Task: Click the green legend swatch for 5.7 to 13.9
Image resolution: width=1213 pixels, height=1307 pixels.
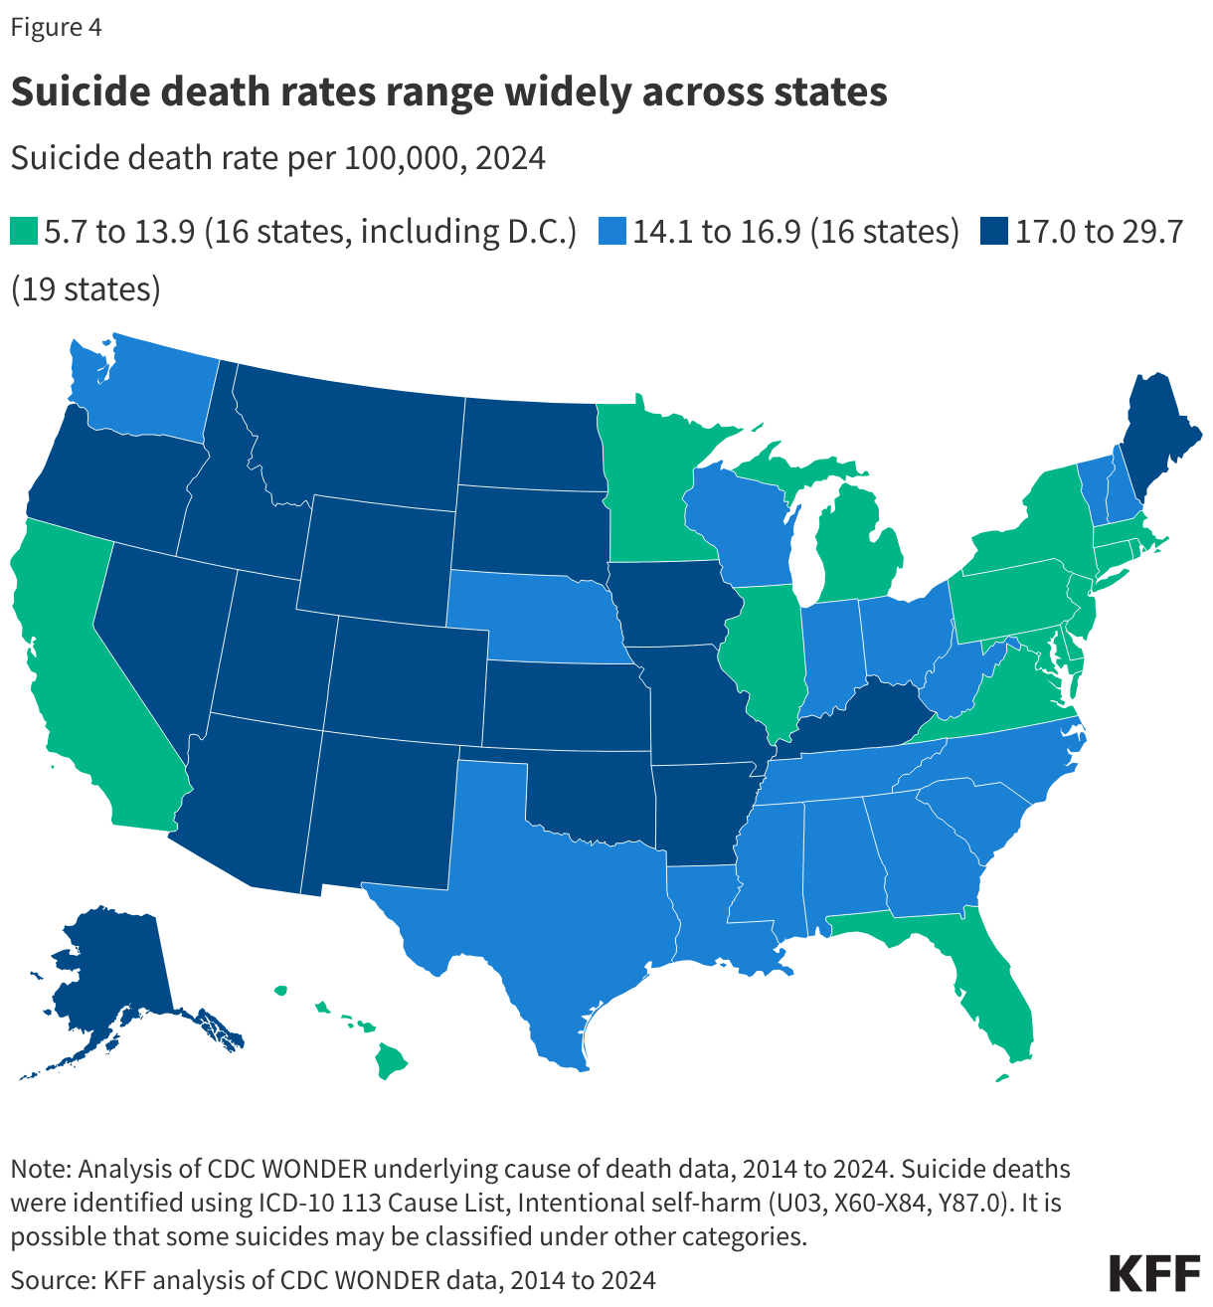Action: point(24,232)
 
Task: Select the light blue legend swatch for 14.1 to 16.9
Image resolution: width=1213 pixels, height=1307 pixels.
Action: point(612,232)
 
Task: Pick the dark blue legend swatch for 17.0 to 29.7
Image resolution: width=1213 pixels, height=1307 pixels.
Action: point(992,232)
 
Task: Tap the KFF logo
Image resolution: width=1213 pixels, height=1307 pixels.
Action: point(1153,1274)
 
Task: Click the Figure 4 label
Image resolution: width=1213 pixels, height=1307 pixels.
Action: point(56,27)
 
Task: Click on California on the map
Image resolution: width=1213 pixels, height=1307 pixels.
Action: point(80,676)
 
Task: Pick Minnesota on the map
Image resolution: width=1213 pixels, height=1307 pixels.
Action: point(646,477)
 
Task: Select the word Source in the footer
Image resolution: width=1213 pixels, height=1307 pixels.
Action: point(50,1279)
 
